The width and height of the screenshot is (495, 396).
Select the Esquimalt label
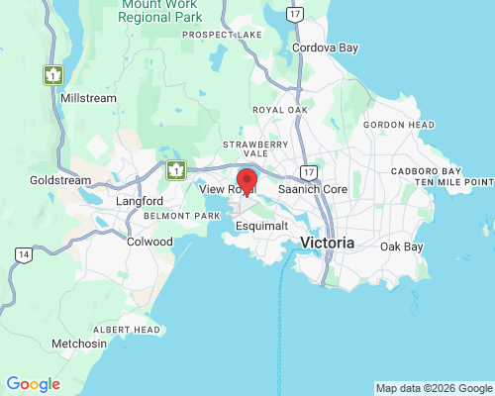(x=262, y=226)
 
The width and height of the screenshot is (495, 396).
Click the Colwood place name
(x=149, y=241)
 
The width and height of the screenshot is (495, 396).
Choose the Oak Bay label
(x=402, y=246)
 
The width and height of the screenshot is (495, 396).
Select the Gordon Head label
(x=399, y=125)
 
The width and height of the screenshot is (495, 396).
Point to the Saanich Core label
(x=312, y=188)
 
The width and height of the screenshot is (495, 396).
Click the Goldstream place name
(x=60, y=181)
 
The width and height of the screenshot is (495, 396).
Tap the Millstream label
(x=89, y=98)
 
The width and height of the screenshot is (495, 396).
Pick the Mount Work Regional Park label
(x=161, y=12)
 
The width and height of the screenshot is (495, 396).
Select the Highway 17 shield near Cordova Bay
(x=293, y=15)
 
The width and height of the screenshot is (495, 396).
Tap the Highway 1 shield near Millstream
(x=52, y=74)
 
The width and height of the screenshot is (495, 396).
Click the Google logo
(x=33, y=384)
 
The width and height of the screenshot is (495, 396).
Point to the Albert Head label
(x=126, y=329)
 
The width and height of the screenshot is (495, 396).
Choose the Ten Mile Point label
(x=454, y=182)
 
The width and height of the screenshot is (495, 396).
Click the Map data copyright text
(x=434, y=387)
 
